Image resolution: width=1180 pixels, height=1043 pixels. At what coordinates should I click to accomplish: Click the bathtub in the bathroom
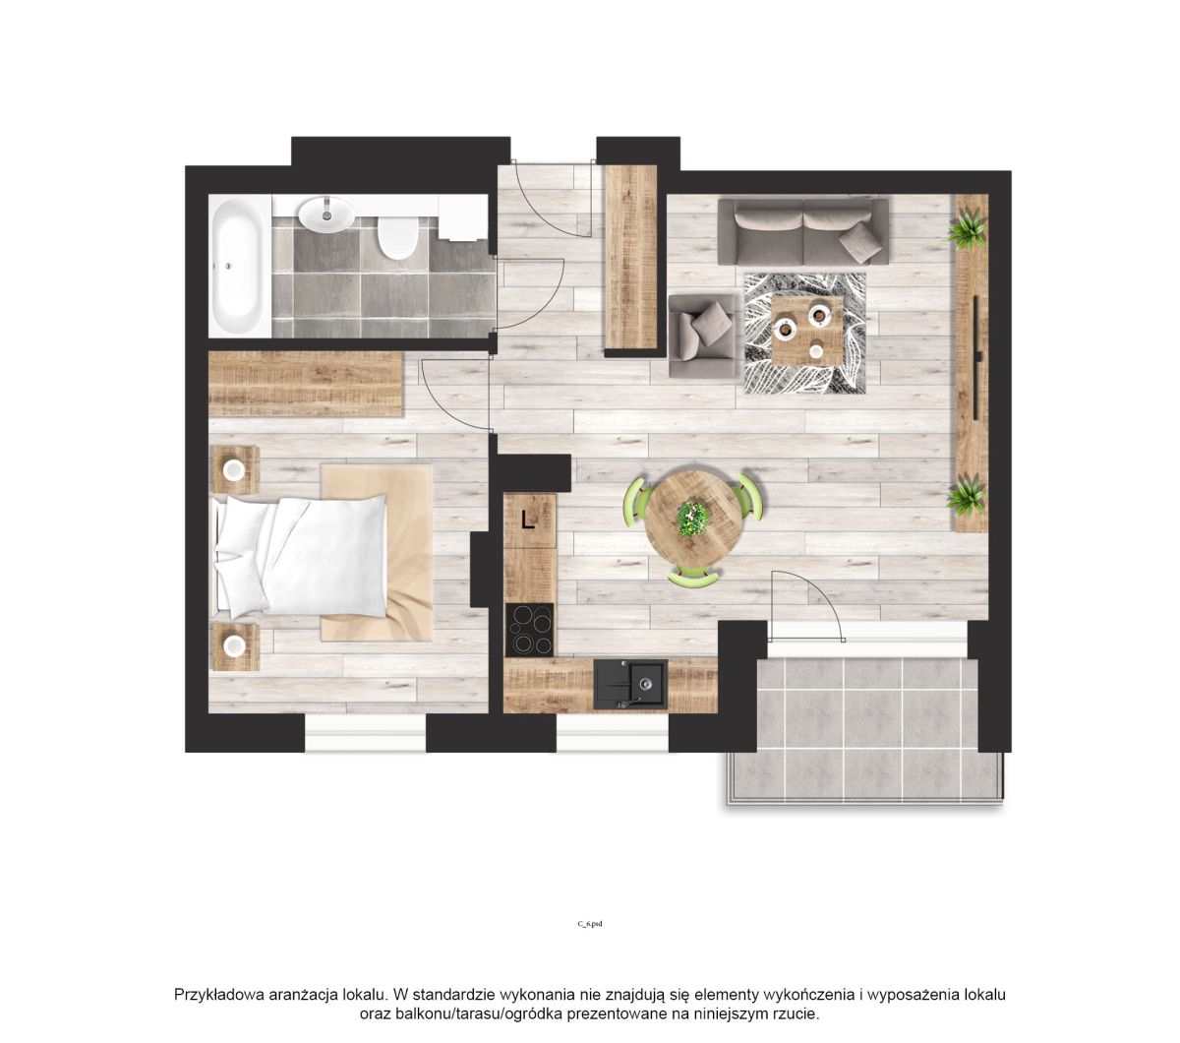[x=240, y=266]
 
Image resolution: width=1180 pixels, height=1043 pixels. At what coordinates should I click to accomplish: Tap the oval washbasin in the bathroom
[x=325, y=214]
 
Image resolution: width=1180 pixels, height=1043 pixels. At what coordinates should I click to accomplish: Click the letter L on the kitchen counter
[x=527, y=519]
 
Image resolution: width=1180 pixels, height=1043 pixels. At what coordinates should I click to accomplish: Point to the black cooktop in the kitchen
[x=529, y=629]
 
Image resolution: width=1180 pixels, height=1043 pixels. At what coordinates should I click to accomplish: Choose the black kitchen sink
[x=630, y=684]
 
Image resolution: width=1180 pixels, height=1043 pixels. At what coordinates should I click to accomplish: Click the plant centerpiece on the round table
[x=692, y=518]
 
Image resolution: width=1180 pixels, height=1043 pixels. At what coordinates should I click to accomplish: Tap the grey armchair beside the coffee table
[x=702, y=335]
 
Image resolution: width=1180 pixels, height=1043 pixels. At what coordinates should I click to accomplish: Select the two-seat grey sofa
[x=803, y=231]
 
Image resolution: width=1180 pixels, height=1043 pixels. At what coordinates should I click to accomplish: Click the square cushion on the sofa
[x=860, y=241]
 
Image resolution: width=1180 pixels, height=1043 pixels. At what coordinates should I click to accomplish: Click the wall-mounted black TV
[x=976, y=357]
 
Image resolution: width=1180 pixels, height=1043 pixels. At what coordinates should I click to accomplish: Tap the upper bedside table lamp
[x=234, y=469]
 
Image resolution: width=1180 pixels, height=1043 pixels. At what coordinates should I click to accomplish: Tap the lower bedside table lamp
[x=234, y=645]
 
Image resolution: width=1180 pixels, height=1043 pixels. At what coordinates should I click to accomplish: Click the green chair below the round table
[x=693, y=578]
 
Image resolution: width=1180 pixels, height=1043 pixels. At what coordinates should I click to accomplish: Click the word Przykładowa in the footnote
[x=220, y=995]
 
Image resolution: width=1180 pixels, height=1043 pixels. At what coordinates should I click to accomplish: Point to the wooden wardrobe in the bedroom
[x=306, y=383]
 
